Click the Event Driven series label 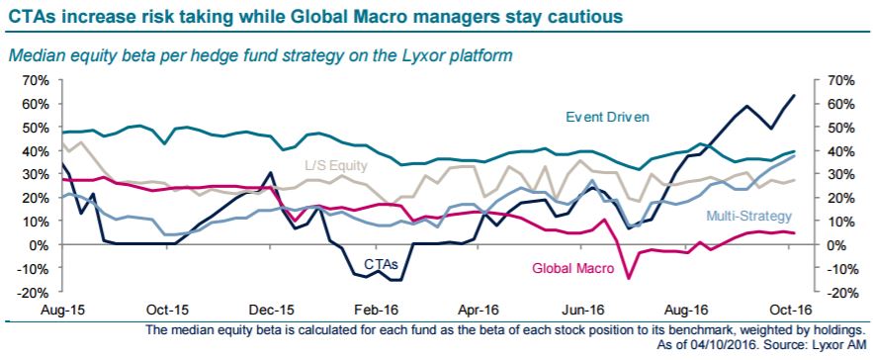pyautogui.click(x=608, y=117)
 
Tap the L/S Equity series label pyautogui.click(x=336, y=165)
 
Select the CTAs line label pyautogui.click(x=381, y=264)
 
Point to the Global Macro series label pyautogui.click(x=573, y=268)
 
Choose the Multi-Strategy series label pyautogui.click(x=748, y=216)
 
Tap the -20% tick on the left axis pyautogui.click(x=35, y=292)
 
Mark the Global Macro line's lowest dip pyautogui.click(x=629, y=278)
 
